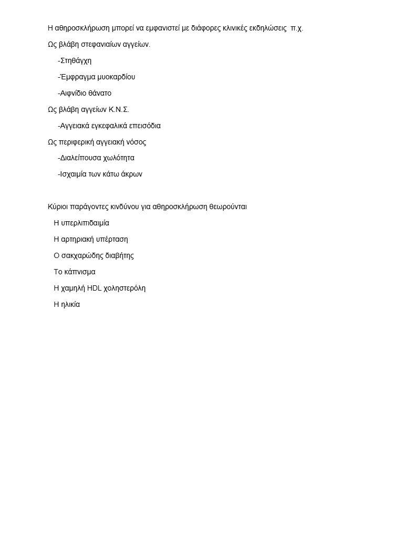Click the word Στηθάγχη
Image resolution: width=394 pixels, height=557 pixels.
pos(76,60)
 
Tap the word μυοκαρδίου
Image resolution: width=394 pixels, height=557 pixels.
pos(116,77)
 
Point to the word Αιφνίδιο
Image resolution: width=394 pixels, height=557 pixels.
pos(72,93)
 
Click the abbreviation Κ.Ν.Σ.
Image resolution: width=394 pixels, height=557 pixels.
pos(119,109)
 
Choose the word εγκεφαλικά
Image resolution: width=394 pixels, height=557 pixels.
pos(109,126)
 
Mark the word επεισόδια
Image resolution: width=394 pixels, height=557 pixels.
pos(144,126)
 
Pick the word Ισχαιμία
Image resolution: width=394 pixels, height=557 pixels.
pos(74,174)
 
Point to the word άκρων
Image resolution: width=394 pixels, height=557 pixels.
pos(131,174)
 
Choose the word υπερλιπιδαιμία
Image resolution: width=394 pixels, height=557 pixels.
pos(85,223)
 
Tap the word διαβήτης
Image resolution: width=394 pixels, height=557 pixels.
pos(119,255)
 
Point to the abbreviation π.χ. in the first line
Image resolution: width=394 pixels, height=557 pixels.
pos(297,28)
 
